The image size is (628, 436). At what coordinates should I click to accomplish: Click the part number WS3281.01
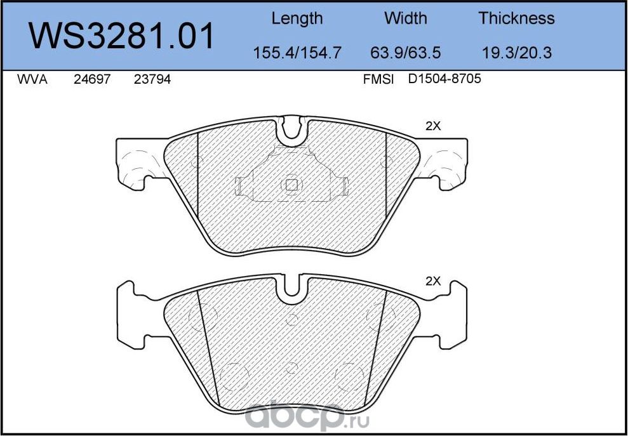[x=123, y=36]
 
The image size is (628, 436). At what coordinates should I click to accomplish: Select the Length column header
[x=297, y=18]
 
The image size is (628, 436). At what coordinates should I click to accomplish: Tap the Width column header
[x=406, y=18]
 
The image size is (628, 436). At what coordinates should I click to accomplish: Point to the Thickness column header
[x=516, y=18]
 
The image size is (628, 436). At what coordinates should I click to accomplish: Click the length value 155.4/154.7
[x=297, y=53]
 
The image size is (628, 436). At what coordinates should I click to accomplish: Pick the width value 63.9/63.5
[x=406, y=53]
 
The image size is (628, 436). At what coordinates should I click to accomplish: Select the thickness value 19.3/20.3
[x=516, y=53]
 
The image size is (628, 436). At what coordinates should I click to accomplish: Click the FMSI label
[x=378, y=81]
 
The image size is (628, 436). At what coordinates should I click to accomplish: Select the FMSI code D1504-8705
[x=444, y=81]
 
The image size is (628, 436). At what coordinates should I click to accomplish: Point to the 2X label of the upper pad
[x=432, y=126]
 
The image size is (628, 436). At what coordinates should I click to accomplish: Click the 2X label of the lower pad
[x=432, y=281]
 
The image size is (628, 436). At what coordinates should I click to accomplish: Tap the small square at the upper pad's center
[x=291, y=185]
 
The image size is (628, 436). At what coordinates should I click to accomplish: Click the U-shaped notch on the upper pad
[x=292, y=129]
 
